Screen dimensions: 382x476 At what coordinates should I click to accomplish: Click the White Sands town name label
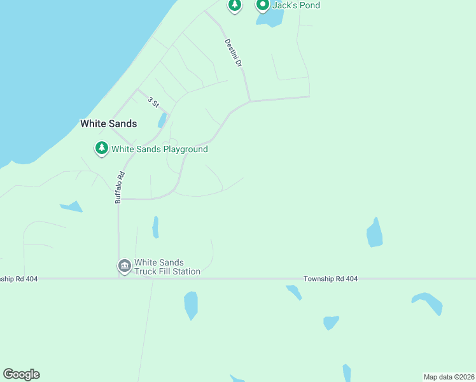[x=108, y=124]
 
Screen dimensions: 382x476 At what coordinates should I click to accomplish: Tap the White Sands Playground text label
[x=160, y=150]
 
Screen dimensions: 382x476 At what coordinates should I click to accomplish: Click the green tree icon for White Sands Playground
[x=101, y=148]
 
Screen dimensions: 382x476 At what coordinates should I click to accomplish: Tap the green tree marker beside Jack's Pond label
[x=262, y=5]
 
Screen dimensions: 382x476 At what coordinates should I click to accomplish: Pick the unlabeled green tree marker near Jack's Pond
[x=235, y=5]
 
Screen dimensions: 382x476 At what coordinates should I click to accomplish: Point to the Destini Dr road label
[x=234, y=53]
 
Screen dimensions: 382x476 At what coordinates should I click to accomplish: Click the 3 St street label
[x=153, y=102]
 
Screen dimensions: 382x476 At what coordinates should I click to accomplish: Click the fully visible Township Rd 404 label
[x=330, y=279]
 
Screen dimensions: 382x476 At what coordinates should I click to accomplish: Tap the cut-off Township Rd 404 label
[x=19, y=279]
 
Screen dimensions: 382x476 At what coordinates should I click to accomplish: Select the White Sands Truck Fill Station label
[x=167, y=267]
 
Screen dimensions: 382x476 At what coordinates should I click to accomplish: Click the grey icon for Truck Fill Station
[x=124, y=265]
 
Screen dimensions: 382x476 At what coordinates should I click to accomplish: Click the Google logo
[x=21, y=374]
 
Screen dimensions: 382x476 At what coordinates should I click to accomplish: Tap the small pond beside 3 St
[x=162, y=120]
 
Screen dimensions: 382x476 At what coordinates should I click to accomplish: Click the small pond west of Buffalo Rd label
[x=72, y=206]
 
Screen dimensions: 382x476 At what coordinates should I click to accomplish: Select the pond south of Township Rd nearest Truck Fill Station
[x=191, y=305]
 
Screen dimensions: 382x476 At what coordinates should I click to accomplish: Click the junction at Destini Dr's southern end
[x=250, y=101]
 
